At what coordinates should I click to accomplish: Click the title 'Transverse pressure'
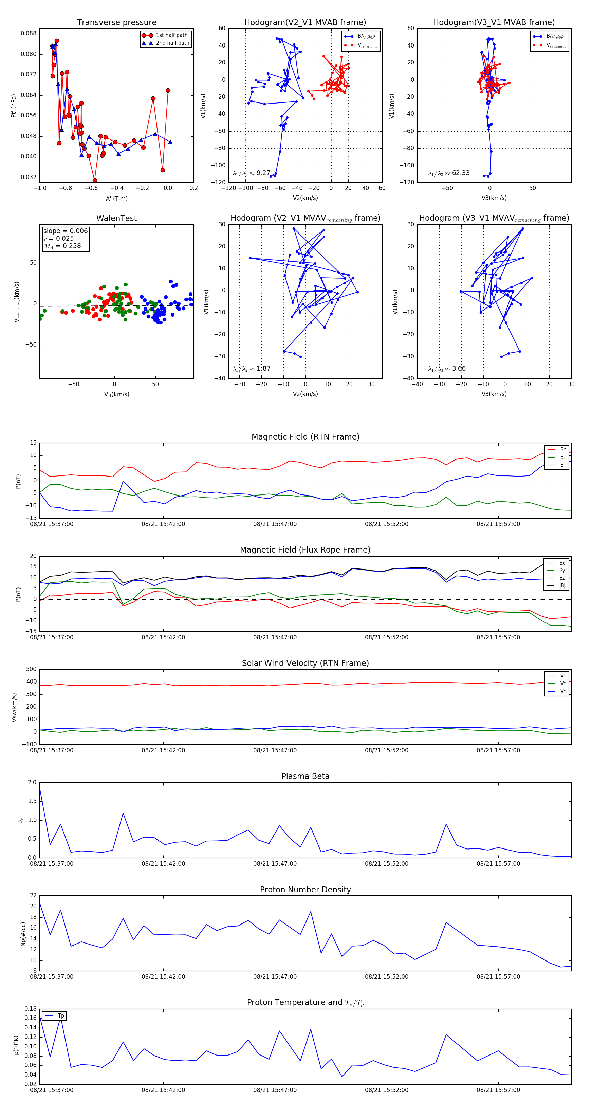pyautogui.click(x=116, y=23)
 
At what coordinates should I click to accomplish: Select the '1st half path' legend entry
pyautogui.click(x=171, y=35)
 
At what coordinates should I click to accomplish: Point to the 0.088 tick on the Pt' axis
pyautogui.click(x=29, y=34)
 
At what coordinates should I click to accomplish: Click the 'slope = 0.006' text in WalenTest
pyautogui.click(x=65, y=231)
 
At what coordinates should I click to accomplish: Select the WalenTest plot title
pyautogui.click(x=116, y=218)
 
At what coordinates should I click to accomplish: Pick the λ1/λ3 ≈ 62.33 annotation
pyautogui.click(x=449, y=173)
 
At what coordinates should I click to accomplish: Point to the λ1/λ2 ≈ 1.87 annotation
pyautogui.click(x=251, y=369)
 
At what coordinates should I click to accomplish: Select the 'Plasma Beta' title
pyautogui.click(x=305, y=777)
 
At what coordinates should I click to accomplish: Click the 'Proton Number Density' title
pyautogui.click(x=305, y=890)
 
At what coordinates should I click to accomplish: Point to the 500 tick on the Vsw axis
pyautogui.click(x=31, y=669)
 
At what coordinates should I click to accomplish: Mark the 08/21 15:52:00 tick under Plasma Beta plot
pyautogui.click(x=387, y=864)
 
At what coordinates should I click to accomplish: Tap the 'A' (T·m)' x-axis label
pyautogui.click(x=116, y=198)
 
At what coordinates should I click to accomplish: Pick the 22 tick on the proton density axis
pyautogui.click(x=33, y=896)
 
